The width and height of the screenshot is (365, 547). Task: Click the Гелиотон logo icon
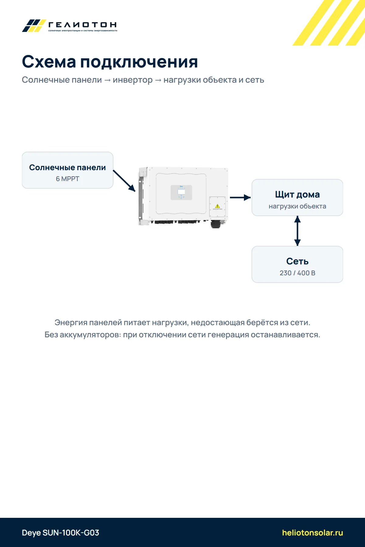point(34,26)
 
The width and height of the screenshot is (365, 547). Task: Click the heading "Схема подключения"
point(110,62)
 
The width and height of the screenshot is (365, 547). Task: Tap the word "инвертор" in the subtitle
point(133,80)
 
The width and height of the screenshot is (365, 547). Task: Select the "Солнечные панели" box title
point(68,167)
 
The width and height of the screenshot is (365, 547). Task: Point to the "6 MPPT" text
point(68,179)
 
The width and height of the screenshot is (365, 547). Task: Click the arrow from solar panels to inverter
point(124,181)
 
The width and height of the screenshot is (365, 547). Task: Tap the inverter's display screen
point(181,191)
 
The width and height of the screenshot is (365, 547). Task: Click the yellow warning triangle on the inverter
point(217,206)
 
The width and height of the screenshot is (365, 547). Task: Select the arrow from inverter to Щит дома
point(240,198)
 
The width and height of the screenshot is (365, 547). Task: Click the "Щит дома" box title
point(297,194)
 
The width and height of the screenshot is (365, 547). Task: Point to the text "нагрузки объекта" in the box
point(297,206)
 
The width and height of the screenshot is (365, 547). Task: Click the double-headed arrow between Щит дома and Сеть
point(297,231)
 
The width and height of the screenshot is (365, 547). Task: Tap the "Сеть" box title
point(297,261)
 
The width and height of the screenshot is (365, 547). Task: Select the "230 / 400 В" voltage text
point(297,273)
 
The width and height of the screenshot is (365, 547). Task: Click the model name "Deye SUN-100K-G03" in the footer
point(61,533)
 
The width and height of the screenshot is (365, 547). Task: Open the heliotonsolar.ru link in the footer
point(312,533)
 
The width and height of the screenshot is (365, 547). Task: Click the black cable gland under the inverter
point(216,224)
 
